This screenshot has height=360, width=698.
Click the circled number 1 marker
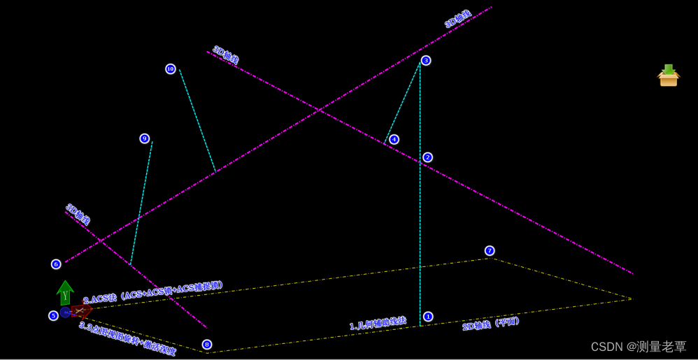click(428, 317)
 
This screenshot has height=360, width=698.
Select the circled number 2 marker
click(427, 157)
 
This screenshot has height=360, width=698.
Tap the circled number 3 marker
click(426, 60)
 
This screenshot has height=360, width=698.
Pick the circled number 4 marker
click(394, 139)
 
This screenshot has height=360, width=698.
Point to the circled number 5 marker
click(53, 315)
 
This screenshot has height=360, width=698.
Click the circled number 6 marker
click(56, 264)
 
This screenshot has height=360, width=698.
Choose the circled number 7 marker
click(490, 250)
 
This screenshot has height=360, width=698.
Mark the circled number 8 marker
click(206, 344)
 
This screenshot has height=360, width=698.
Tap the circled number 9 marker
click(145, 138)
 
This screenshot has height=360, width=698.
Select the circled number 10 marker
click(171, 69)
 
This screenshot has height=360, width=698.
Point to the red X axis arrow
click(81, 310)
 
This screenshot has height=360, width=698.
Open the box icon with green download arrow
click(669, 75)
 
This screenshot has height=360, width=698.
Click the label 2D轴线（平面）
click(491, 324)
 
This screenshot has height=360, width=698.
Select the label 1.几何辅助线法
click(378, 323)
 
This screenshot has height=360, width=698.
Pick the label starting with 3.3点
click(127, 338)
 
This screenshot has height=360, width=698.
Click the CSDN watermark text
click(639, 347)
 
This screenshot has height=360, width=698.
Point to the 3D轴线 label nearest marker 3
click(458, 19)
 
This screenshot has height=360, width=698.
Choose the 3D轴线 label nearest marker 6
click(78, 214)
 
